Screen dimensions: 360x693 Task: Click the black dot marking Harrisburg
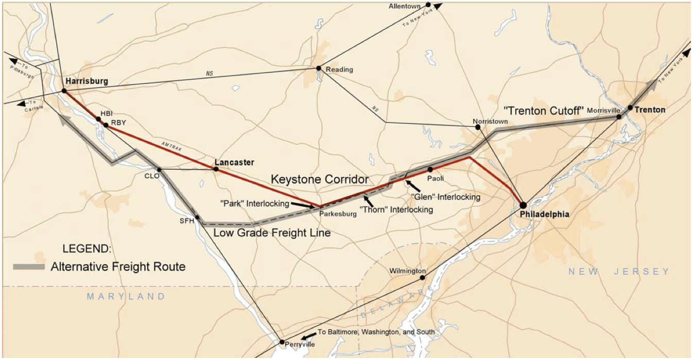(x=64, y=91)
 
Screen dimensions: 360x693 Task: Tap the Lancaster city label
(x=234, y=162)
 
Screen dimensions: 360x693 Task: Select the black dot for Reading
(x=319, y=68)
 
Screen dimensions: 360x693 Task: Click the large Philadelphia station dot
(x=523, y=205)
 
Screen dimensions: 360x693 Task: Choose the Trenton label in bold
(x=650, y=110)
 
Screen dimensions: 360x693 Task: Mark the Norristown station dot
(x=478, y=127)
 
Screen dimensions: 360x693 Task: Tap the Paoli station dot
(x=430, y=169)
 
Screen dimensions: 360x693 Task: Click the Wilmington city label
(x=407, y=271)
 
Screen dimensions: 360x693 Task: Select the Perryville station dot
(x=282, y=341)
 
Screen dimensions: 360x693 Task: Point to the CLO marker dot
(x=159, y=169)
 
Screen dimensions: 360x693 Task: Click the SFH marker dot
(x=197, y=217)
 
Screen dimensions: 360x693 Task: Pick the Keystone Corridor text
(x=320, y=179)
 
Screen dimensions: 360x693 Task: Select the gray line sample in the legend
(x=30, y=266)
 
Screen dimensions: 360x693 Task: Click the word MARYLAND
(x=126, y=296)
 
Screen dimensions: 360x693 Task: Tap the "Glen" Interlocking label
(x=446, y=197)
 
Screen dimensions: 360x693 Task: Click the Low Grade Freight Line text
(x=272, y=233)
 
